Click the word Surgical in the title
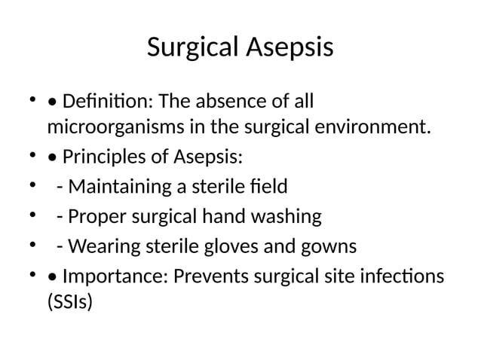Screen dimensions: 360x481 tap(194, 48)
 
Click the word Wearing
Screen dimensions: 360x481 tap(100, 246)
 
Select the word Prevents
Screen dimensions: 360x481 tap(209, 276)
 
